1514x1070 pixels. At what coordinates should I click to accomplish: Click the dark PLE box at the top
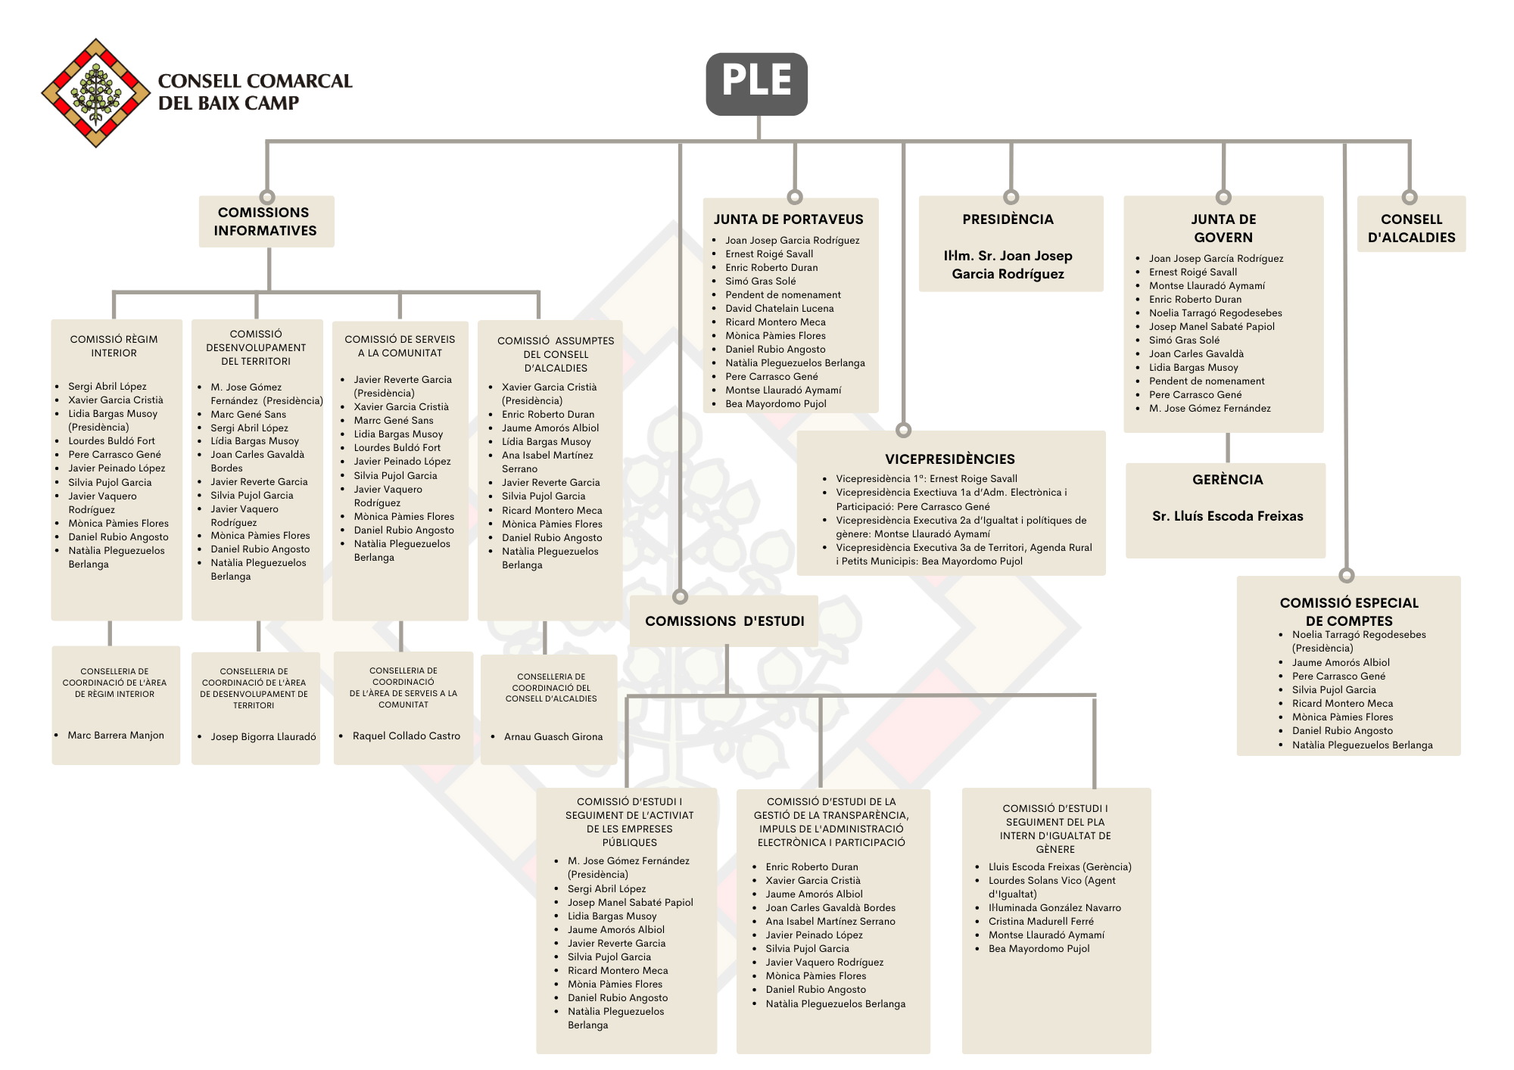pyautogui.click(x=756, y=83)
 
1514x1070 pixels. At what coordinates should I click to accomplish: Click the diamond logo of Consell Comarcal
pyautogui.click(x=96, y=92)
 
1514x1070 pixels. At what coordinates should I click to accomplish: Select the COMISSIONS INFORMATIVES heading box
pyautogui.click(x=265, y=222)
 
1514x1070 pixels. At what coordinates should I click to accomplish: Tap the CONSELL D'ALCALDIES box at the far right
pyautogui.click(x=1411, y=228)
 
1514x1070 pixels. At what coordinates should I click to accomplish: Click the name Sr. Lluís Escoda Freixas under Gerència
pyautogui.click(x=1227, y=516)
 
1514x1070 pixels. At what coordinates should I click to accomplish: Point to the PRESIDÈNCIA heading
pyautogui.click(x=1008, y=219)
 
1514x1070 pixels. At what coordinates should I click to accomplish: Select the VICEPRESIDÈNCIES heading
pyautogui.click(x=949, y=459)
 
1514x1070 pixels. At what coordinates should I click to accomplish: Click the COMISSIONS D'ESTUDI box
pyautogui.click(x=724, y=621)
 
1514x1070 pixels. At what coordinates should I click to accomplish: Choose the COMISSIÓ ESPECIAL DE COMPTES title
pyautogui.click(x=1348, y=611)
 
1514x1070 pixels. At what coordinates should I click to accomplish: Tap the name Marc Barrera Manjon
pyautogui.click(x=116, y=736)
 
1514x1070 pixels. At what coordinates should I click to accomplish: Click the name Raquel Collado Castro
pyautogui.click(x=406, y=736)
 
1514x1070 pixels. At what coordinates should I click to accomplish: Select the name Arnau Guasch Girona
pyautogui.click(x=553, y=737)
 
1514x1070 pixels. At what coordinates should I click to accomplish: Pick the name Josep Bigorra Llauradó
pyautogui.click(x=263, y=737)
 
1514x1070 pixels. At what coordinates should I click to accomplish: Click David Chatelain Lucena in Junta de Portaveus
pyautogui.click(x=779, y=309)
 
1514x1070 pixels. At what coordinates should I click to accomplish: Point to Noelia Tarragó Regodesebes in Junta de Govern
pyautogui.click(x=1215, y=313)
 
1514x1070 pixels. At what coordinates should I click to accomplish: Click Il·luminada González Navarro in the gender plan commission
pyautogui.click(x=1055, y=908)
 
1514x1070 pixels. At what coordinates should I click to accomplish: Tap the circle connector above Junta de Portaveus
pyautogui.click(x=795, y=197)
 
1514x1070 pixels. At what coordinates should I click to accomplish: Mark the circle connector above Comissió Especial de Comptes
pyautogui.click(x=1346, y=575)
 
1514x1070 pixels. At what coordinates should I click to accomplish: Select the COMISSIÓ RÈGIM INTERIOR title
pyautogui.click(x=114, y=346)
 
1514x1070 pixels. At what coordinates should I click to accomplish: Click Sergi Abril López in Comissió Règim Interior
pyautogui.click(x=107, y=387)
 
